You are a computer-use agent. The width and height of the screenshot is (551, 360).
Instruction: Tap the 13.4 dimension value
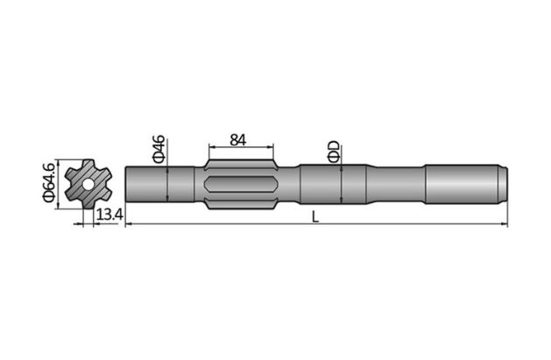click(x=109, y=215)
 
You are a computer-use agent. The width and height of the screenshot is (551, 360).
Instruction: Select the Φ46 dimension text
click(x=159, y=149)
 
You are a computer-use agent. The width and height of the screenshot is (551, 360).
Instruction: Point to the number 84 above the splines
click(x=237, y=139)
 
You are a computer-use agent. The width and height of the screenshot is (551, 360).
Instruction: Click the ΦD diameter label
click(x=333, y=152)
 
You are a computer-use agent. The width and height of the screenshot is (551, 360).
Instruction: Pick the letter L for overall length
click(x=315, y=216)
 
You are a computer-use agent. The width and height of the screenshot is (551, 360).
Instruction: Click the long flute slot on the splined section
click(x=241, y=185)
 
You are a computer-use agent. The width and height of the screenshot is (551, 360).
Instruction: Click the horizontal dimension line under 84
click(x=241, y=147)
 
